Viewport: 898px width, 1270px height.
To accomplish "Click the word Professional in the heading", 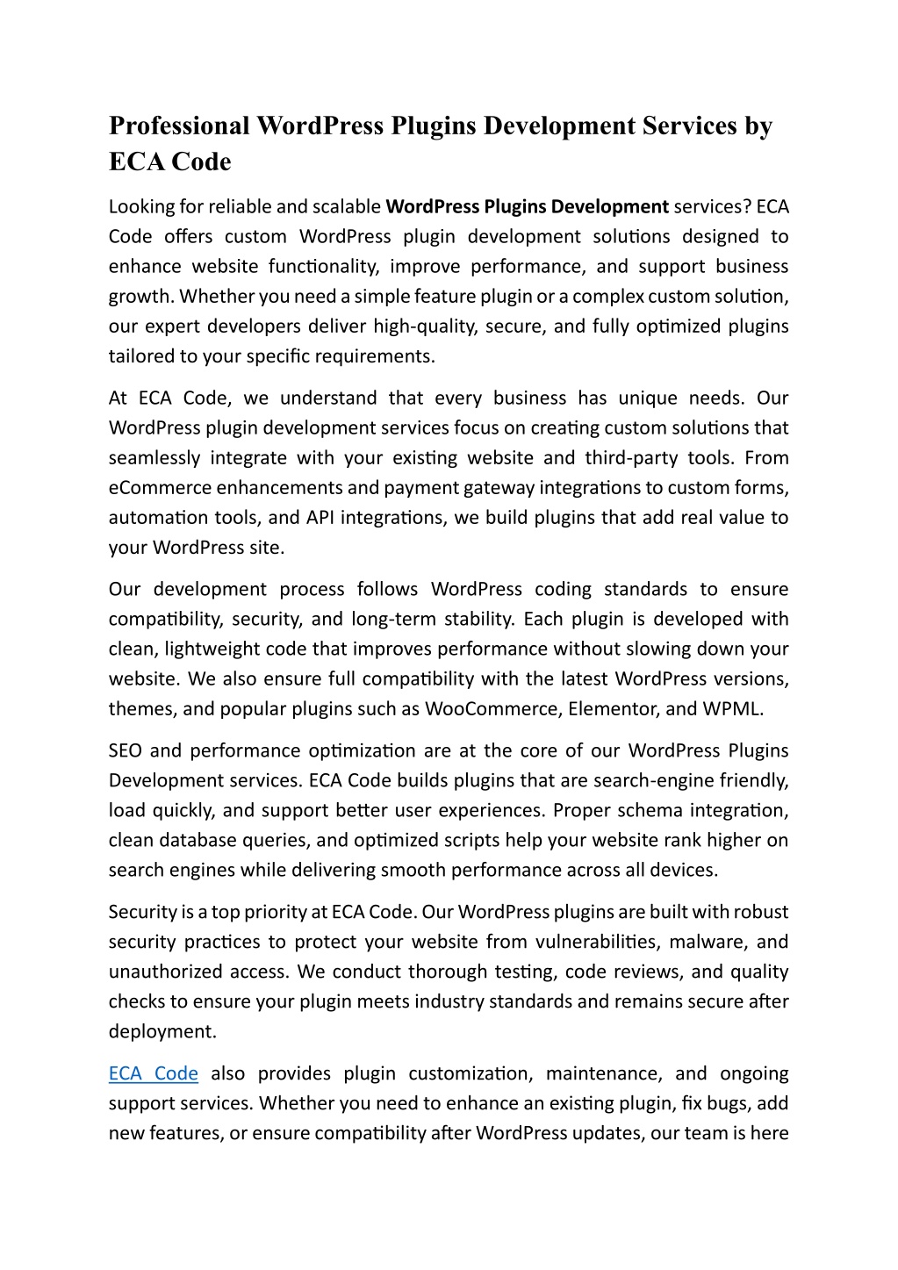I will [x=179, y=126].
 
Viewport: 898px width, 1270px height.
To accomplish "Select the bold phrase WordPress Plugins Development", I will [x=528, y=206].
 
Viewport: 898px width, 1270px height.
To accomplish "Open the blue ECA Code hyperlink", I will [x=154, y=1073].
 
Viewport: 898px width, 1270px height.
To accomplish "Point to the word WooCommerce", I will [x=492, y=708].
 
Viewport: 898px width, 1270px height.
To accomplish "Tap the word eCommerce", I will [x=160, y=487].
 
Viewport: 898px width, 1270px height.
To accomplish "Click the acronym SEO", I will [x=126, y=750].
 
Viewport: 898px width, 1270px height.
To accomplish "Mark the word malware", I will [x=706, y=942].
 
